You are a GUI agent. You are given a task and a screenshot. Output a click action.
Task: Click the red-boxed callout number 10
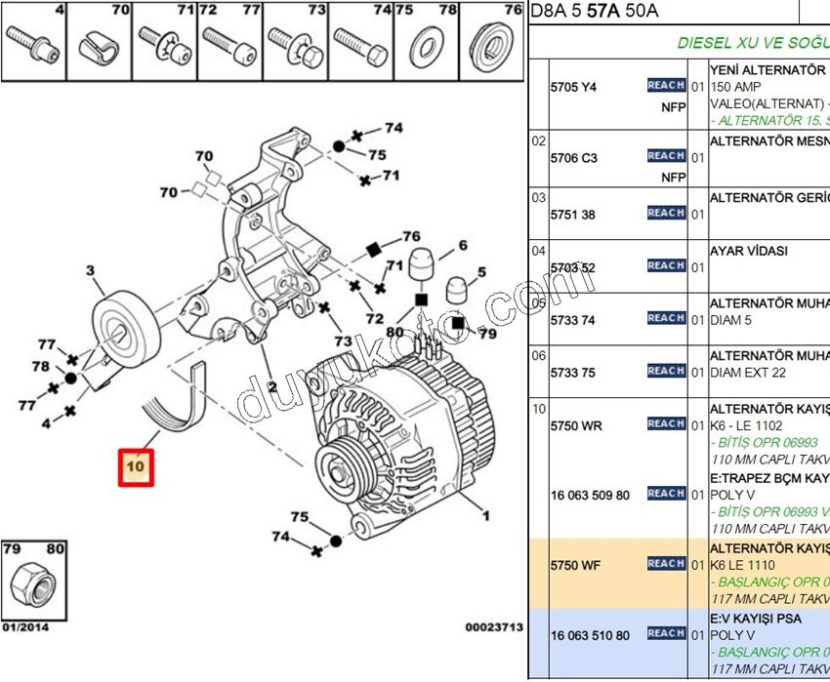coord(135,467)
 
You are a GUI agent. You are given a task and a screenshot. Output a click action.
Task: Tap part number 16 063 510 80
coord(590,635)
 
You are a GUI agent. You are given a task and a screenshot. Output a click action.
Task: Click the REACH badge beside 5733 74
coord(666,318)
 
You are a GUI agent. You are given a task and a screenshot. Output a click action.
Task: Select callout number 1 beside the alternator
coord(485,516)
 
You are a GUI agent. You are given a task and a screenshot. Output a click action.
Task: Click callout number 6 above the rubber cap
coord(462,246)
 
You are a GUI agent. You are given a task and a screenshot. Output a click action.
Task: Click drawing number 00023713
coord(494,626)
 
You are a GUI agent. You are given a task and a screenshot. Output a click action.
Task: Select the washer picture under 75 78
coord(426,45)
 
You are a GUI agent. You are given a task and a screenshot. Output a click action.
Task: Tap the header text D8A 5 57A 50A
coord(595,12)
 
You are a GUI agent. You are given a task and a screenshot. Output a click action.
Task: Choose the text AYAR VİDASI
coord(748,251)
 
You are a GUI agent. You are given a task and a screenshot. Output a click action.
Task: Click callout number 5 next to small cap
coord(480,272)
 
